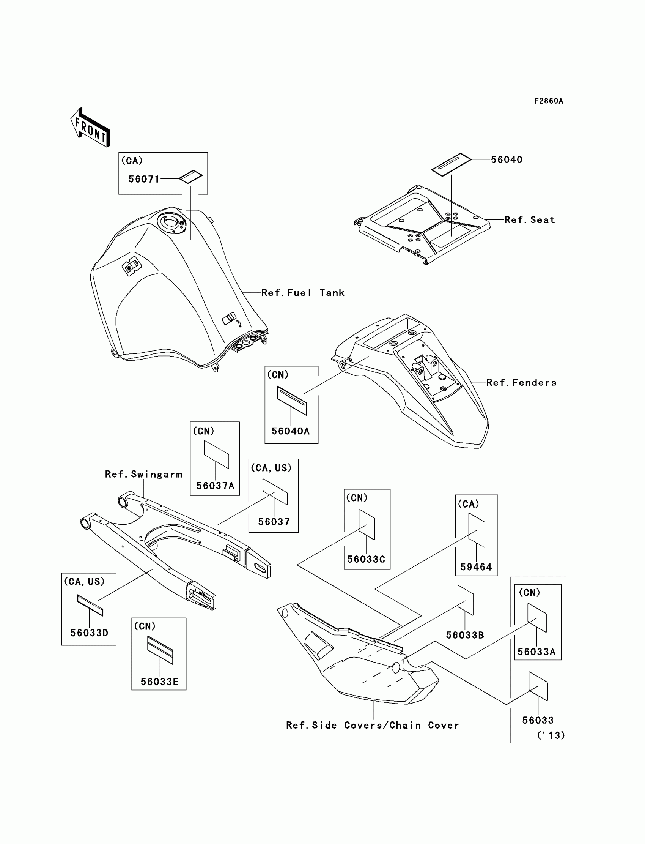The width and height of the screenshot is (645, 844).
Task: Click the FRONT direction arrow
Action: (91, 128)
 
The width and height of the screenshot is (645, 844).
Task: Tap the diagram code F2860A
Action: (548, 101)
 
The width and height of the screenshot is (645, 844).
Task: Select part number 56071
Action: (143, 179)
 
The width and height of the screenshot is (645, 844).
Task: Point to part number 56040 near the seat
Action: (507, 160)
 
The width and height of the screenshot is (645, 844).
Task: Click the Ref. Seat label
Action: (529, 220)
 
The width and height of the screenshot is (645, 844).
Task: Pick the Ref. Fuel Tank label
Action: (302, 293)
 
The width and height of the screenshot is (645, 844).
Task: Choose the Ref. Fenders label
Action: (521, 383)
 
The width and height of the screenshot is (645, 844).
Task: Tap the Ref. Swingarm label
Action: (143, 474)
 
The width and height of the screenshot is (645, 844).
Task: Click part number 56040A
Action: (290, 431)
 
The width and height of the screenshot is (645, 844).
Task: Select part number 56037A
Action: (215, 486)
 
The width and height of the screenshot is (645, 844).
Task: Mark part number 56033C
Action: (366, 559)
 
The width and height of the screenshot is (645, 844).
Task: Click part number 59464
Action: (476, 566)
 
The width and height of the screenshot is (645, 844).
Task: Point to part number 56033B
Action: (464, 635)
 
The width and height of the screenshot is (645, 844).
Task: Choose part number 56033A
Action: (536, 652)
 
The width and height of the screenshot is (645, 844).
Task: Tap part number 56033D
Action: (89, 633)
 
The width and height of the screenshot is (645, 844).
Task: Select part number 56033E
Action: (159, 682)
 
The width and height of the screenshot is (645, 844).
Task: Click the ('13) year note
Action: (551, 735)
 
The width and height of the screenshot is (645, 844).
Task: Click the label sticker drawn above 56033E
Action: (160, 650)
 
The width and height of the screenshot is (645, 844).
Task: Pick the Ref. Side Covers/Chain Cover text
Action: (373, 725)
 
